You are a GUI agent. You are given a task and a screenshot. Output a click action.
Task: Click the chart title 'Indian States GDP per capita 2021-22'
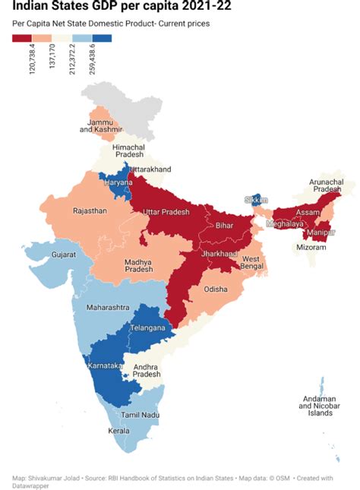pos(122,8)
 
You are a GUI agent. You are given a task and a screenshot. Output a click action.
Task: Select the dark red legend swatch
pos(22,38)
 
